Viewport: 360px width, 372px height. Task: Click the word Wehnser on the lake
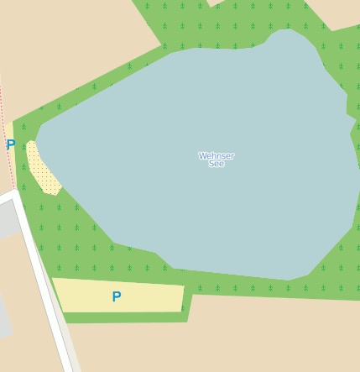pyautogui.click(x=216, y=155)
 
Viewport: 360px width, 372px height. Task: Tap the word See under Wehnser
pyautogui.click(x=216, y=164)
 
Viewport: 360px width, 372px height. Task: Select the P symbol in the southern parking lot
pyautogui.click(x=117, y=296)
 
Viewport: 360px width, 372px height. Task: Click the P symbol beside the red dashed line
pyautogui.click(x=11, y=144)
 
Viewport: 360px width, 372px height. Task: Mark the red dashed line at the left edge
pyautogui.click(x=7, y=126)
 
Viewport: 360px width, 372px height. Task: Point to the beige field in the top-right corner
pyautogui.click(x=344, y=13)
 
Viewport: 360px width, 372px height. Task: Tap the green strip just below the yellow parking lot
pyautogui.click(x=126, y=317)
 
